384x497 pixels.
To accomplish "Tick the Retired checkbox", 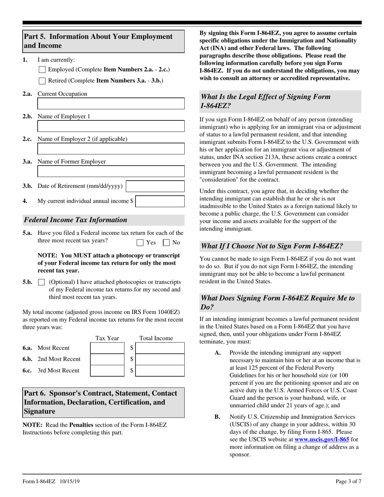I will (x=42, y=81).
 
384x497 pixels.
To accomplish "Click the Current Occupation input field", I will (x=111, y=104).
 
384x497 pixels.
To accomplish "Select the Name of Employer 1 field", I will (x=111, y=126).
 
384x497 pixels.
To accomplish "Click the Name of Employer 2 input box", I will (x=111, y=149).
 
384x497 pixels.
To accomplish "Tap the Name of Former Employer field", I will (x=111, y=172).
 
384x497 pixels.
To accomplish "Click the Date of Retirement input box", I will (x=155, y=186).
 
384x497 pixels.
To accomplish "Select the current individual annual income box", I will (x=160, y=201).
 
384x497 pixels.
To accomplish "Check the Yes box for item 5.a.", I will (x=140, y=243).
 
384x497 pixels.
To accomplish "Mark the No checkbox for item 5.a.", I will (x=166, y=243).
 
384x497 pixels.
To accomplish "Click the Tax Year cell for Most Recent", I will (x=108, y=348).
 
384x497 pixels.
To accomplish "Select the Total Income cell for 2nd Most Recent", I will (x=160, y=359).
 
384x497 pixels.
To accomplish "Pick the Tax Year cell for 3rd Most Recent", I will (x=108, y=371).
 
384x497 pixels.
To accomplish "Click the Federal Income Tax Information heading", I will (x=76, y=220).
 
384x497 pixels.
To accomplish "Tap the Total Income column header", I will (x=156, y=338).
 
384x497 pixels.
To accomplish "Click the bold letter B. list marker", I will (x=217, y=417).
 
